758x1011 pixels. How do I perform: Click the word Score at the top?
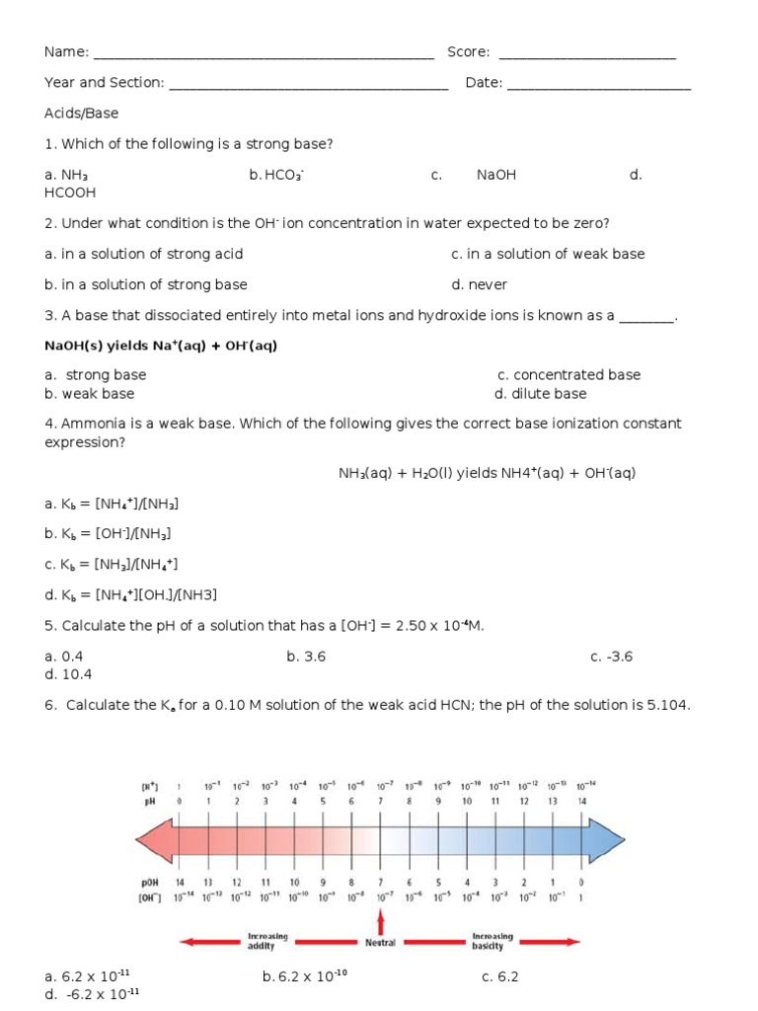tap(468, 52)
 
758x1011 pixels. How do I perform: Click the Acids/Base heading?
tap(81, 114)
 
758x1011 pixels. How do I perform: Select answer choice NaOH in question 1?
tap(495, 175)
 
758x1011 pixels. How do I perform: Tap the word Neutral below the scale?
tap(380, 943)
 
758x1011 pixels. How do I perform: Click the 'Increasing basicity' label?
tap(489, 941)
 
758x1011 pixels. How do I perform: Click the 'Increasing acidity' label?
tap(267, 941)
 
